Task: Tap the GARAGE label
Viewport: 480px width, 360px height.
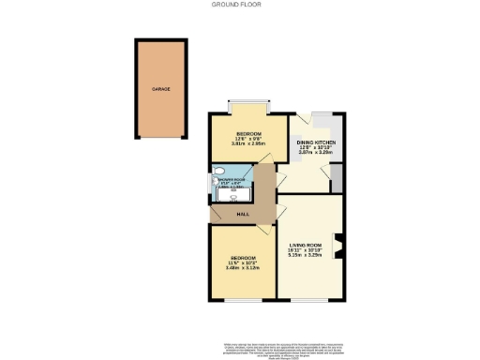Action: pos(161,90)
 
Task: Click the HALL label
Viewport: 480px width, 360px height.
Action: pos(242,215)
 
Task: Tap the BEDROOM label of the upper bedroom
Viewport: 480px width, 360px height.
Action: pos(248,132)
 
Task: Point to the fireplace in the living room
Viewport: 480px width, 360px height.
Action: pos(340,245)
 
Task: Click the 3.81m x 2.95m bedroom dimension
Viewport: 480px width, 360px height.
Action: pos(248,144)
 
